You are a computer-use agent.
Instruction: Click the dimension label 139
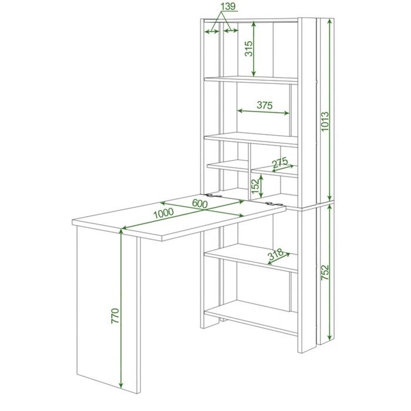click(x=228, y=6)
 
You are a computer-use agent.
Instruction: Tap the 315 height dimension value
click(x=249, y=49)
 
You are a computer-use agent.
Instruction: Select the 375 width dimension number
click(x=264, y=105)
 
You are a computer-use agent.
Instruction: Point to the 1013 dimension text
click(x=325, y=122)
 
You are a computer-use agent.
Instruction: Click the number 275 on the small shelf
click(x=280, y=163)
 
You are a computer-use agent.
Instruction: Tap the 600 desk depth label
click(x=200, y=203)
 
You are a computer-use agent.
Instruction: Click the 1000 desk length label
click(x=163, y=213)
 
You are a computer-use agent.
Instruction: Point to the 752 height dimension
click(x=325, y=272)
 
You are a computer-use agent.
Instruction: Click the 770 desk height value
click(x=115, y=316)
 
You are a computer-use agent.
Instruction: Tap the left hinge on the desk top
click(x=214, y=196)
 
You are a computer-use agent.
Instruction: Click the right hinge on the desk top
click(x=274, y=203)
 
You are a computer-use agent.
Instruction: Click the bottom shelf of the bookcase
click(x=251, y=318)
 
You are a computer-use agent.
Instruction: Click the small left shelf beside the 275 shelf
click(x=228, y=166)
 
